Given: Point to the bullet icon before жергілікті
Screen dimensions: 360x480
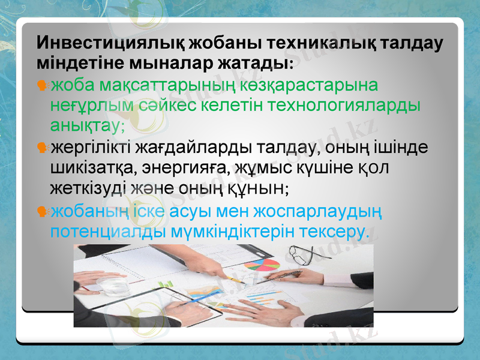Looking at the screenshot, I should (x=42, y=148).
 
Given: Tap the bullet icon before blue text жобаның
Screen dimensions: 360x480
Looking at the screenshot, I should (x=42, y=211).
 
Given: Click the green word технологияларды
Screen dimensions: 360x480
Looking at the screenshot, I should (x=345, y=104).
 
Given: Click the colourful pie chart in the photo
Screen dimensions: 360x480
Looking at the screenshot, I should (x=262, y=265).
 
